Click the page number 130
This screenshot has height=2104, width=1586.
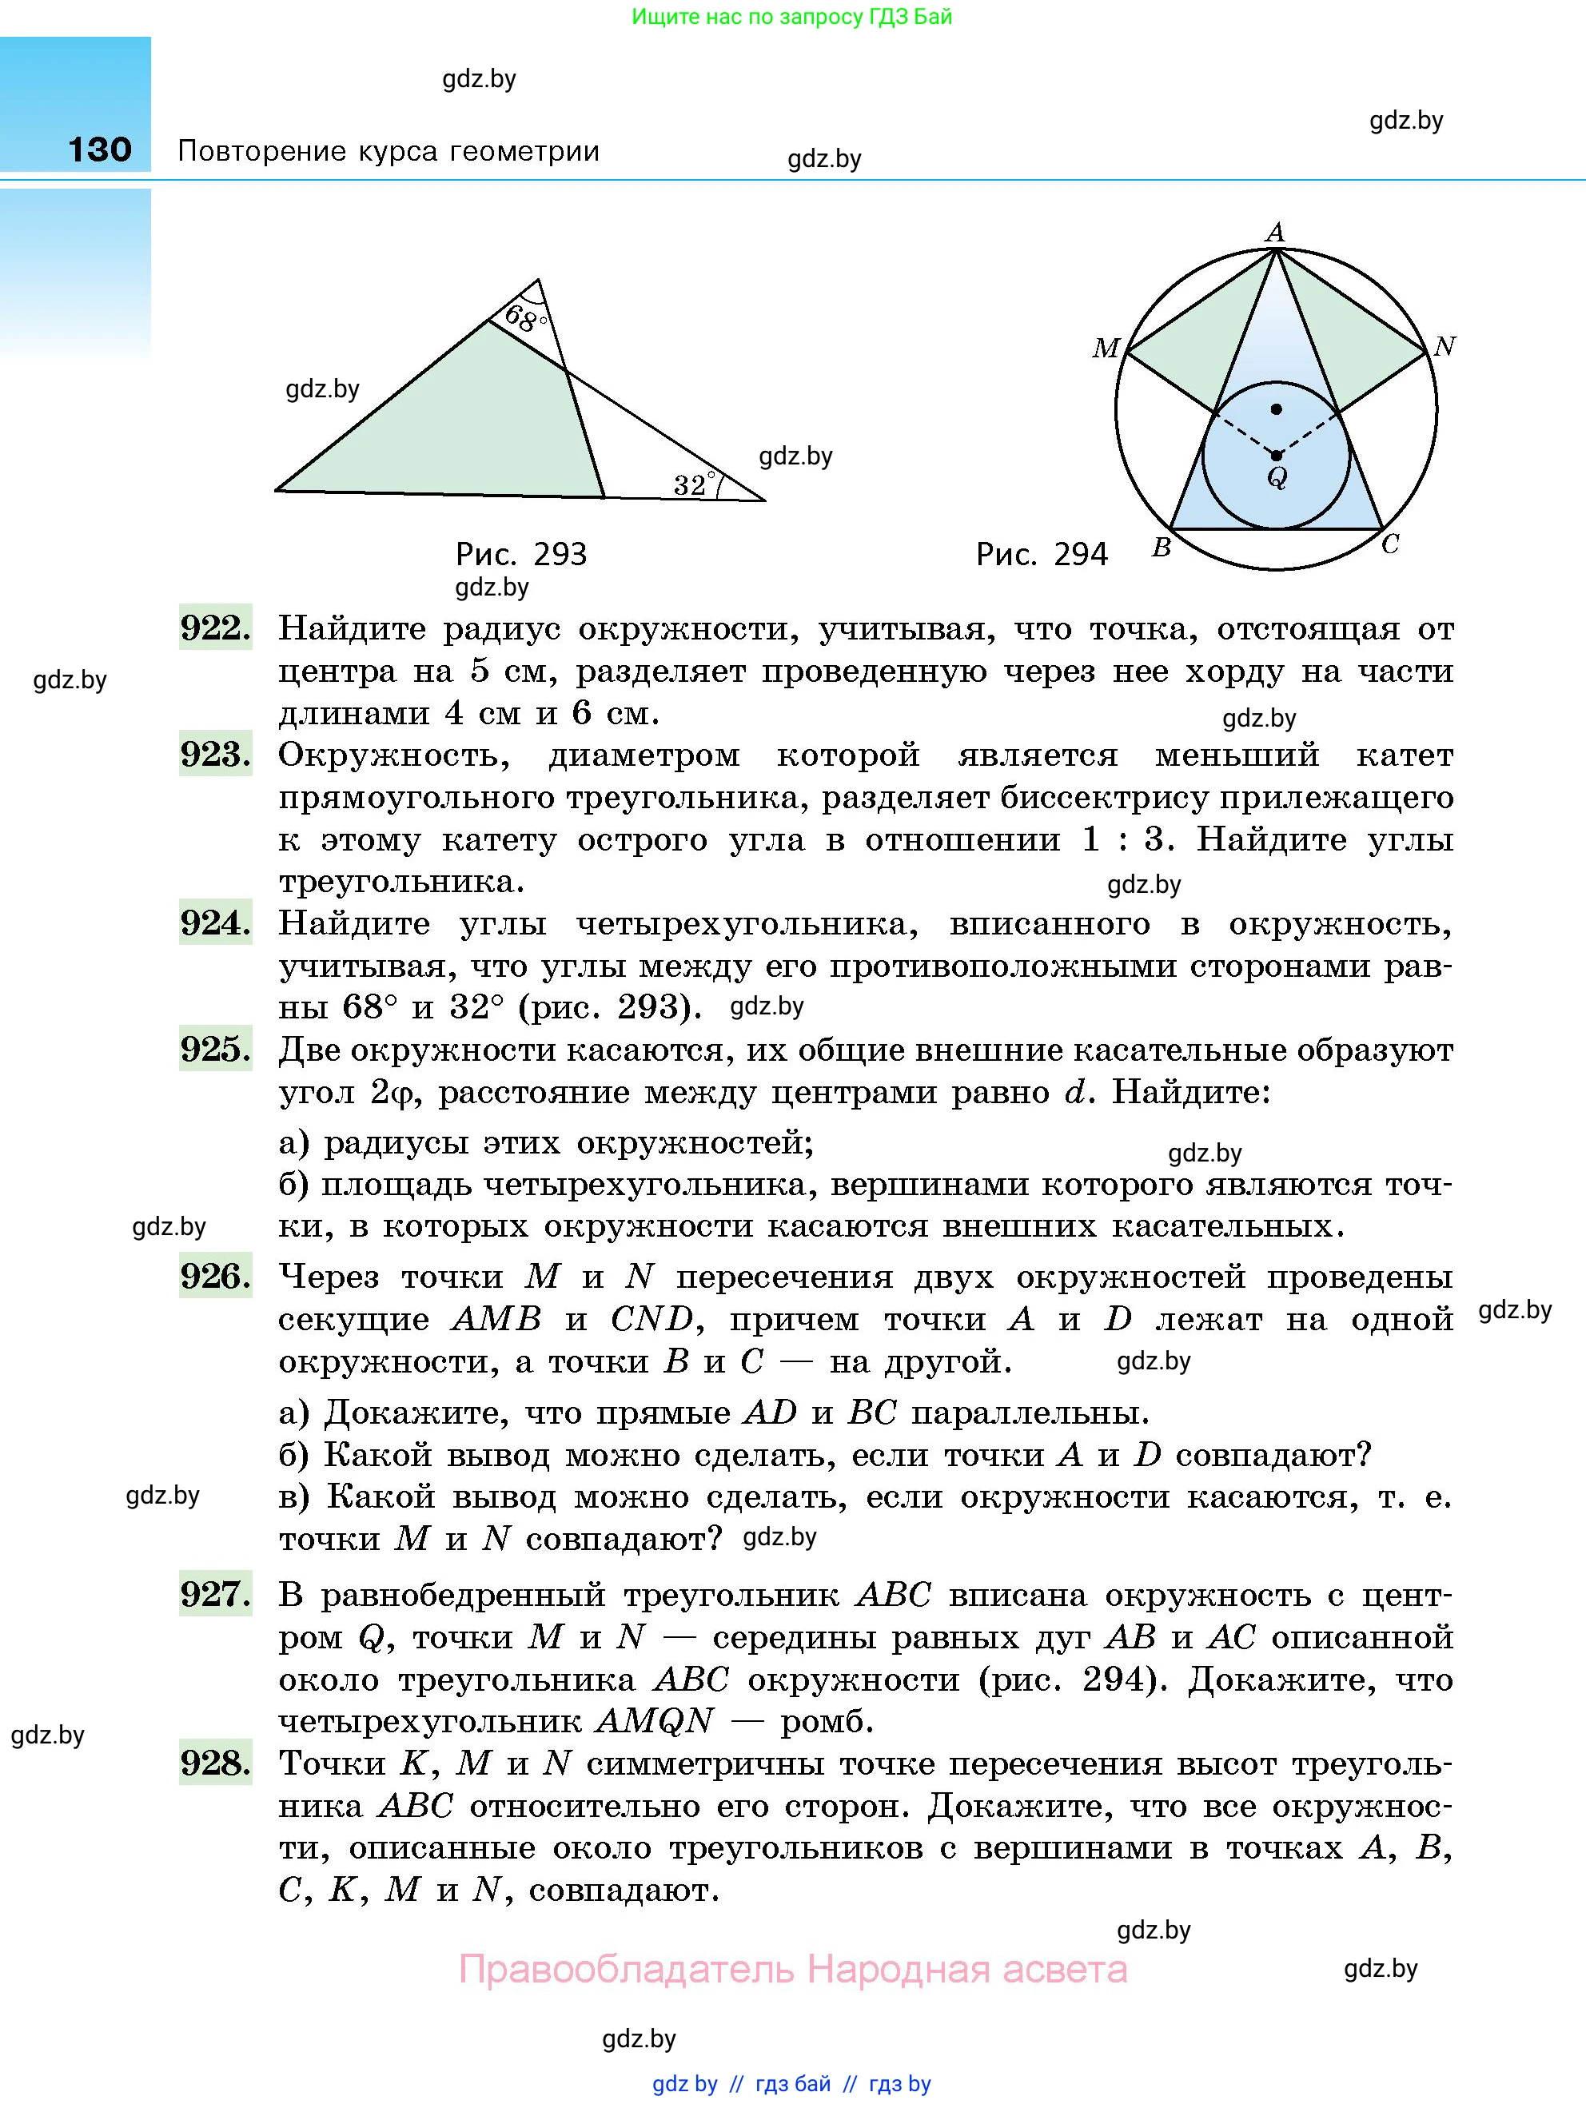tap(100, 149)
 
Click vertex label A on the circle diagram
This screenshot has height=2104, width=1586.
tap(1276, 232)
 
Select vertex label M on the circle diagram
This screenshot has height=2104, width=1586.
tap(1106, 348)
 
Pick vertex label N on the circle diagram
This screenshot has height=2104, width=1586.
tap(1445, 346)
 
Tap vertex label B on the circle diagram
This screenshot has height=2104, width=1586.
tap(1162, 547)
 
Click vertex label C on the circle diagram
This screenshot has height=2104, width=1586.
tap(1390, 544)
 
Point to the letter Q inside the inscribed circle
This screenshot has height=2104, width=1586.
tap(1277, 476)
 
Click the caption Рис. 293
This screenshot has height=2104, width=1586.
tap(521, 554)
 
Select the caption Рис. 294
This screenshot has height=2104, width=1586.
tap(1042, 554)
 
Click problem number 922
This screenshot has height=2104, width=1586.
tap(215, 628)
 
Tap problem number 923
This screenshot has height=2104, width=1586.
tap(215, 755)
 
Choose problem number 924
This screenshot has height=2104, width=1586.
tap(215, 922)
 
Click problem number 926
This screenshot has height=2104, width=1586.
tap(215, 1277)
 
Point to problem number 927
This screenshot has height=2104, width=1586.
tap(215, 1594)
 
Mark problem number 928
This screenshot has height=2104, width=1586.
tap(215, 1763)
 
